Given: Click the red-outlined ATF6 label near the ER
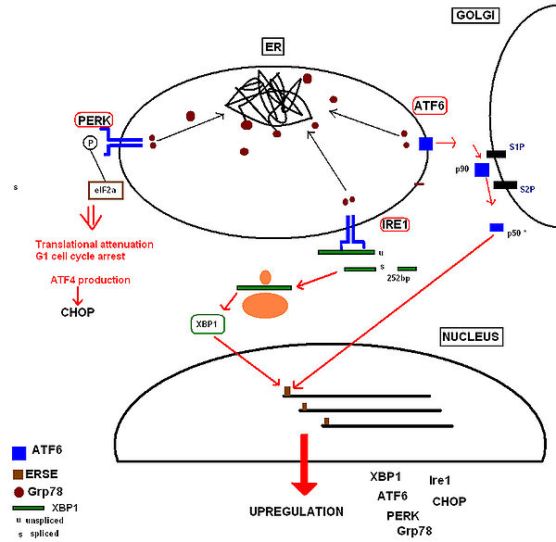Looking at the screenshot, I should coord(429,107).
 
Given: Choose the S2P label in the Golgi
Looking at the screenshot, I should coord(526,188).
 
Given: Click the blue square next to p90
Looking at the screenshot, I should coord(482,170).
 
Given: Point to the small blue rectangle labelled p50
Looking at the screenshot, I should coord(496,227).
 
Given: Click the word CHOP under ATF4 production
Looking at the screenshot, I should coord(77,312).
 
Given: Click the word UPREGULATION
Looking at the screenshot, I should coord(297,511).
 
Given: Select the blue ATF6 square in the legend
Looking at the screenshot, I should coord(19,453).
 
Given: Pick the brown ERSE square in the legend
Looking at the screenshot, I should coord(19,474).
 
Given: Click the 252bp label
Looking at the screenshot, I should coord(398,276).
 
